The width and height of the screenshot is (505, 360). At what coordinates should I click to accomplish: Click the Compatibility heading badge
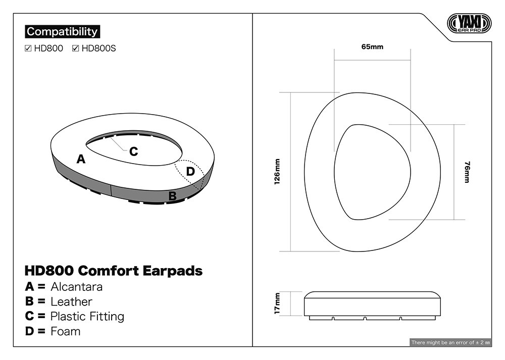(63, 31)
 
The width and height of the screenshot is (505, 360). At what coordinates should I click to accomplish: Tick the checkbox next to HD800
(28, 48)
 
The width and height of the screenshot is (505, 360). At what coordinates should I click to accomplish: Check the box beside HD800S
(76, 48)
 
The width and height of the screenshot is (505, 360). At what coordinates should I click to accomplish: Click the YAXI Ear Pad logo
(469, 23)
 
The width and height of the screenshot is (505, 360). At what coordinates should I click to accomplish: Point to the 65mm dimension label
(372, 46)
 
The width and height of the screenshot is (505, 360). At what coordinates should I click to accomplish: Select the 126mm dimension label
(277, 172)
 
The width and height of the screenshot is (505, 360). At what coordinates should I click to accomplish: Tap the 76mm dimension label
(467, 172)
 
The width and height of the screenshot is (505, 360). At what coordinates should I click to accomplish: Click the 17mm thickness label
(277, 303)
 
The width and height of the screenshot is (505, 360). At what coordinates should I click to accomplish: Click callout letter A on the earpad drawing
(81, 159)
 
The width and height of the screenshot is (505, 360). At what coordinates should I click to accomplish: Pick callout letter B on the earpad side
(173, 196)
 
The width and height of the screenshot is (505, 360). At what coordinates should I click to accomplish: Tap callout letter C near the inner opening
(134, 151)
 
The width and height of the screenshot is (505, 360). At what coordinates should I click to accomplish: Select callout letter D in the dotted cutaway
(190, 171)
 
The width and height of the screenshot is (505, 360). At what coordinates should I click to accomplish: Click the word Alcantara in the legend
(77, 287)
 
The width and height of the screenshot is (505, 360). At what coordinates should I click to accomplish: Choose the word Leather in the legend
(72, 302)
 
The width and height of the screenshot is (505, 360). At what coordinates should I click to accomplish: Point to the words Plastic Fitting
(87, 317)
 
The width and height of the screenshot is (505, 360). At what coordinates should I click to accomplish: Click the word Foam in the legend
(65, 331)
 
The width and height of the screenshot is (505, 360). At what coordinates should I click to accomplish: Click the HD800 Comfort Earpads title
(114, 271)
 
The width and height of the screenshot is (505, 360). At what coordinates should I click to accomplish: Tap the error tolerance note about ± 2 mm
(450, 342)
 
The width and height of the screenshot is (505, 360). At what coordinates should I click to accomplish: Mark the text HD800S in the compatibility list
(98, 48)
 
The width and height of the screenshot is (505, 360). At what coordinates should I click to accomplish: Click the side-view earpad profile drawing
(372, 305)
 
